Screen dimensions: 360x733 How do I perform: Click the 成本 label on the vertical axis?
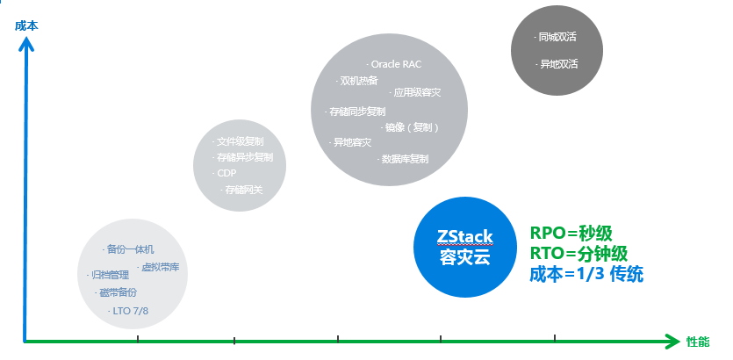[26, 25]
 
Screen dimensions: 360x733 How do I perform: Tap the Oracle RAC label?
[395, 64]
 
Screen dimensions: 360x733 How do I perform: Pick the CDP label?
[226, 173]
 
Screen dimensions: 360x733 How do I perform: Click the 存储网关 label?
[242, 189]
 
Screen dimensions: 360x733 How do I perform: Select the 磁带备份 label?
[116, 292]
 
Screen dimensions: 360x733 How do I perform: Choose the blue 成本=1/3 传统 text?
[586, 275]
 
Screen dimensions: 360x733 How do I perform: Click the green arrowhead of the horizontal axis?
[672, 341]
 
